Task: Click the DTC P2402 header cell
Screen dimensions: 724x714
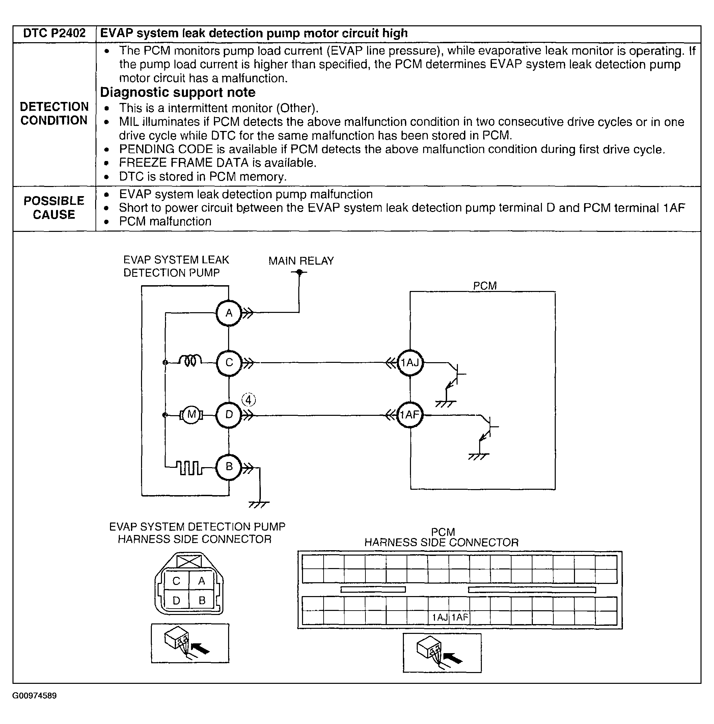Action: point(54,34)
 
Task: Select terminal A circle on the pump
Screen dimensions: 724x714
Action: point(228,313)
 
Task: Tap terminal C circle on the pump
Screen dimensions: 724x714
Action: point(229,363)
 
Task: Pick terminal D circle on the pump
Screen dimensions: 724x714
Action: point(228,415)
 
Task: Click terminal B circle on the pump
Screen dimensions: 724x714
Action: point(228,467)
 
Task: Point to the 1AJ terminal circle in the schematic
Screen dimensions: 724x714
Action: point(410,363)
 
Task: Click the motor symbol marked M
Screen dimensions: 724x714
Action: point(191,415)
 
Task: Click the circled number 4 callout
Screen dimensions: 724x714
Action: point(248,400)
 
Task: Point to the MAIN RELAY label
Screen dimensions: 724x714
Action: point(301,261)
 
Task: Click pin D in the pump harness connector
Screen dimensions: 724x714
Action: point(176,600)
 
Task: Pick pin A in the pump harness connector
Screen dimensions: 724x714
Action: point(201,581)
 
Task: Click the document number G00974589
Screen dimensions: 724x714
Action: point(34,696)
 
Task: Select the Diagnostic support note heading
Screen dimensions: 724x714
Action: point(177,92)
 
